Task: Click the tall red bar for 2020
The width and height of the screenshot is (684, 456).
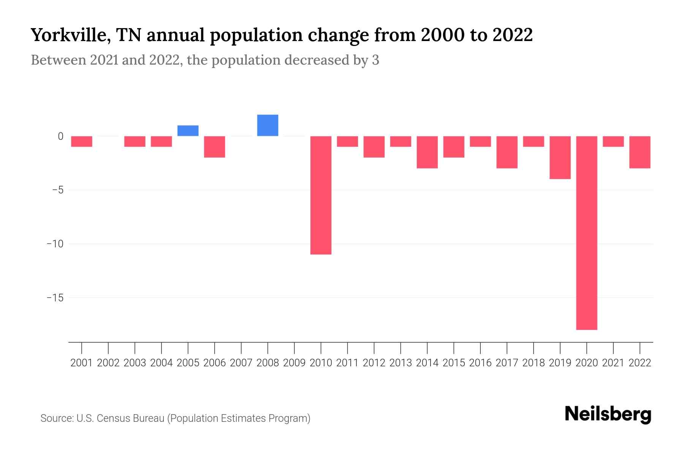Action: (x=586, y=233)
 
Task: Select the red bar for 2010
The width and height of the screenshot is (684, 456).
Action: (x=321, y=195)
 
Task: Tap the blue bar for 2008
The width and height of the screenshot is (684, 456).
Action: (x=268, y=125)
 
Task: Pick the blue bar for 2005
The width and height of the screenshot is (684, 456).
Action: (x=188, y=131)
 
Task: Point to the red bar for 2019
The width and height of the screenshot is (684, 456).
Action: (x=560, y=157)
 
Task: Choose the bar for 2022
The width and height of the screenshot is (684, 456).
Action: (x=640, y=152)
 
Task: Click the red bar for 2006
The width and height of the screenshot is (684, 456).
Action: (x=214, y=147)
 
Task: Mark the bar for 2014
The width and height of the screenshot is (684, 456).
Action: (x=427, y=152)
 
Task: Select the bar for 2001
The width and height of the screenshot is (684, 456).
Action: (x=82, y=141)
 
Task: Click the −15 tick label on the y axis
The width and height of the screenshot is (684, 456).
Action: (x=55, y=298)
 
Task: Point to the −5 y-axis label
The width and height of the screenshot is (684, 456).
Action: (x=57, y=190)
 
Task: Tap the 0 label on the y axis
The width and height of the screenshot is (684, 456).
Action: (x=60, y=136)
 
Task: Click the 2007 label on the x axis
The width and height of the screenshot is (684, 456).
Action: (x=241, y=363)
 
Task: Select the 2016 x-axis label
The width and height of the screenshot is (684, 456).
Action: (x=480, y=363)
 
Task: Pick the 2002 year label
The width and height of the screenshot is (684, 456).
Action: (x=108, y=363)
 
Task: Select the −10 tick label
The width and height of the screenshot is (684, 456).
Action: (x=55, y=244)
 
